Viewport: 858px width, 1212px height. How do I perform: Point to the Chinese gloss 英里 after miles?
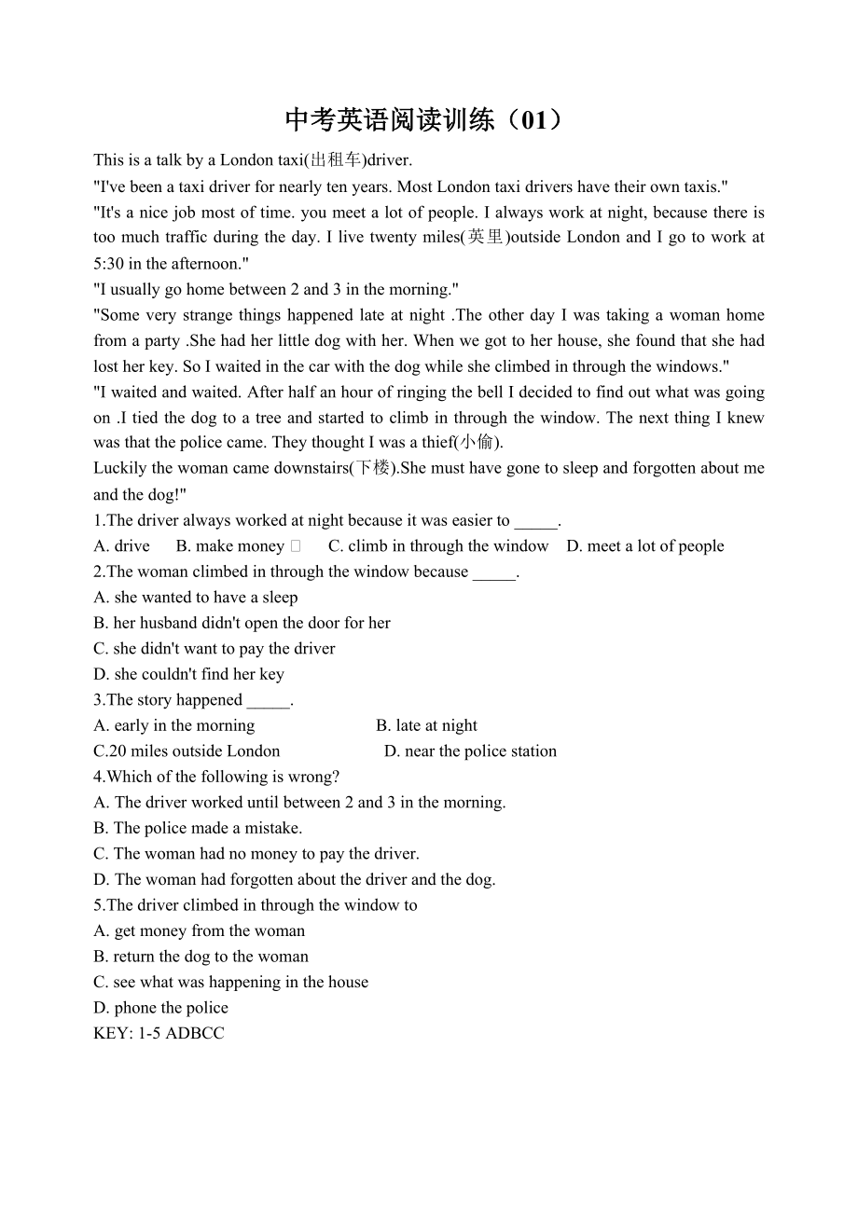(486, 238)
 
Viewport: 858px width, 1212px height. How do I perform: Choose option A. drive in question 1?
(121, 546)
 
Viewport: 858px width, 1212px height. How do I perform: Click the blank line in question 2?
(493, 572)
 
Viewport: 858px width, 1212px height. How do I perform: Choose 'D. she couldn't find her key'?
(188, 674)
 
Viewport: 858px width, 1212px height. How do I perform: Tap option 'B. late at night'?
(426, 725)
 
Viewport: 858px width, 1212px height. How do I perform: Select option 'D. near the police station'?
(470, 751)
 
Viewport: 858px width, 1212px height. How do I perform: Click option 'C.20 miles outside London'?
(187, 751)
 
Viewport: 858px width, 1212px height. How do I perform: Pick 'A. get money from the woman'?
(199, 930)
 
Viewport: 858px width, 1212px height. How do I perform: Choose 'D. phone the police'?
(160, 1008)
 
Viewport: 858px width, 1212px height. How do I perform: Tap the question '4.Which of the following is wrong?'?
(216, 777)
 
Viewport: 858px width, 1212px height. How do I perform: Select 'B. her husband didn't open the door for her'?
(242, 623)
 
